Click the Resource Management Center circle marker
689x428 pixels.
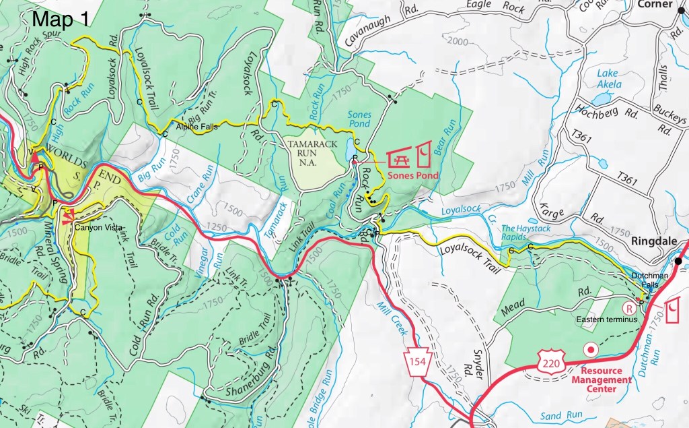591,349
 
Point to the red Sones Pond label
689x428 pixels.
413,175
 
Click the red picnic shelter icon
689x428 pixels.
399,157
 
